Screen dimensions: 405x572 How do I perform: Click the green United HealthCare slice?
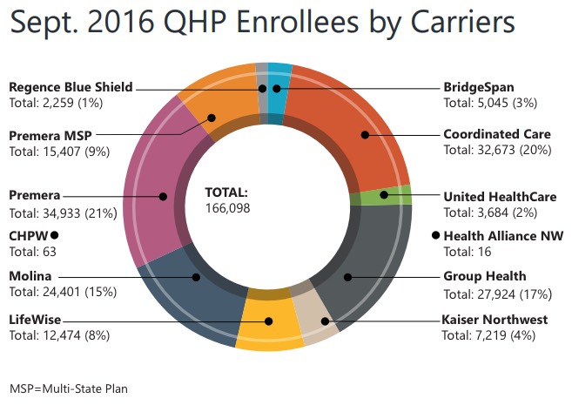pos(384,196)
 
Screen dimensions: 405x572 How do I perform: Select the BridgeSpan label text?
pos(478,87)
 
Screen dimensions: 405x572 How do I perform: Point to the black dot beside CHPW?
pos(54,235)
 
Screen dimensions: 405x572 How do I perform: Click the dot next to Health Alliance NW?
pos(436,235)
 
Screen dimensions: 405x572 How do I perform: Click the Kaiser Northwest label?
pos(495,320)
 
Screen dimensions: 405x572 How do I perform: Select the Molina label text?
pos(31,277)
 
